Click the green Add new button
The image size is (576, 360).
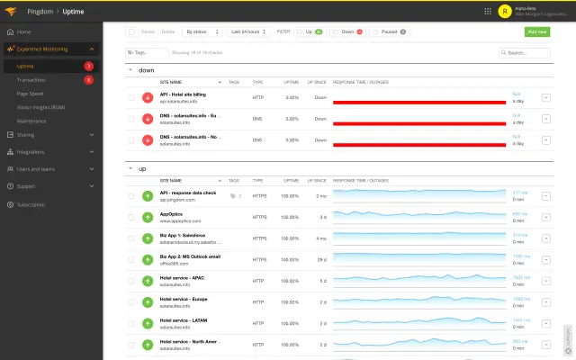536,31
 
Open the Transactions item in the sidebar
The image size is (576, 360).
31,79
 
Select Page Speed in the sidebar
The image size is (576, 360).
31,93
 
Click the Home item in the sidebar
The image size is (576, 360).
23,31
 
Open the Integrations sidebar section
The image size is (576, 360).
31,151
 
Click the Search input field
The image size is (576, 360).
526,53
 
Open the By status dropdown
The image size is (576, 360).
201,31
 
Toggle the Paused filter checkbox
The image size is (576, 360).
374,31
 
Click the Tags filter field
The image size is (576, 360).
147,53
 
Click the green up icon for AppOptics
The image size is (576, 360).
148,217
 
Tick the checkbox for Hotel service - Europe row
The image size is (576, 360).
131,301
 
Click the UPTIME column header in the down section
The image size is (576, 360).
291,80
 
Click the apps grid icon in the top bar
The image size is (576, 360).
463,12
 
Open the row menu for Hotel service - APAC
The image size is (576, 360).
546,280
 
